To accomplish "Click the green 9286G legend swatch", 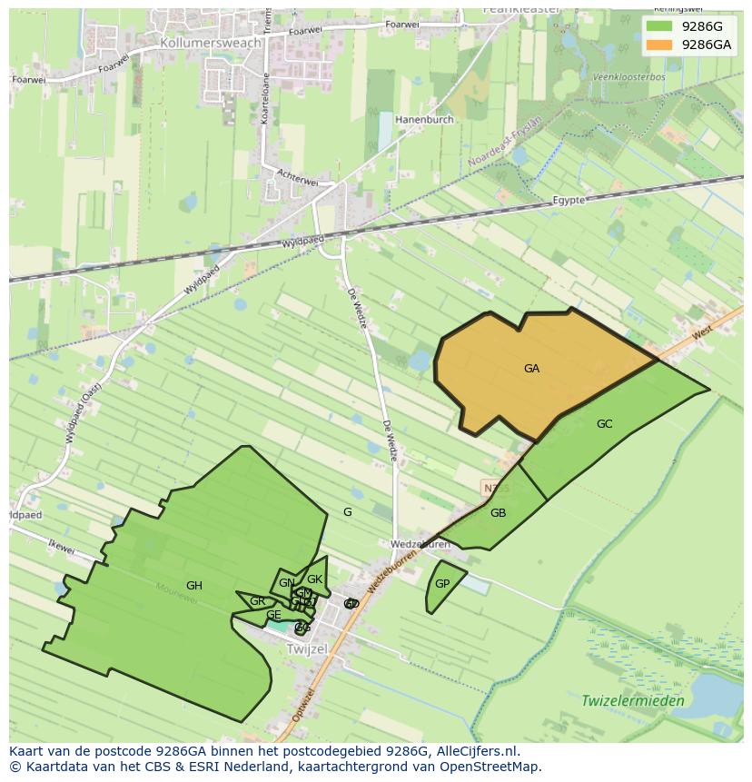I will pyautogui.click(x=660, y=26).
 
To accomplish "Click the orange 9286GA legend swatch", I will pyautogui.click(x=660, y=45).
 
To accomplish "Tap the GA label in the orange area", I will pyautogui.click(x=531, y=369).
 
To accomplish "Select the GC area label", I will pyautogui.click(x=604, y=424).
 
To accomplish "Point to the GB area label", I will pyautogui.click(x=498, y=513).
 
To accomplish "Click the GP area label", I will pyautogui.click(x=442, y=584).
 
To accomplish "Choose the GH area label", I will pyautogui.click(x=193, y=586).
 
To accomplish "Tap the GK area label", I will pyautogui.click(x=314, y=579).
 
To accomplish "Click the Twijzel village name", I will pyautogui.click(x=306, y=649).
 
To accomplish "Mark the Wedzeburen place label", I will pyautogui.click(x=420, y=545).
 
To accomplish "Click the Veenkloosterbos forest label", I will pyautogui.click(x=628, y=77).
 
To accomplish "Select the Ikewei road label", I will pyautogui.click(x=62, y=548).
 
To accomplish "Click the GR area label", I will pyautogui.click(x=257, y=601).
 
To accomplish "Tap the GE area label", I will pyautogui.click(x=273, y=616).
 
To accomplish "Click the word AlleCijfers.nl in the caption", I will pyautogui.click(x=476, y=751).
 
